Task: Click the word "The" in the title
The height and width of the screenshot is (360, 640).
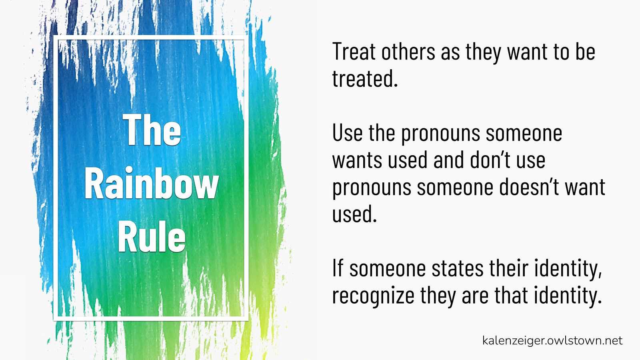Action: click(x=152, y=130)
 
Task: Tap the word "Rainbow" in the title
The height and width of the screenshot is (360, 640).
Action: click(x=152, y=183)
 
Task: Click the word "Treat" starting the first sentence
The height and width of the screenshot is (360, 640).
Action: click(x=354, y=52)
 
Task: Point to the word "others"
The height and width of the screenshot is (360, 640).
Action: click(x=408, y=52)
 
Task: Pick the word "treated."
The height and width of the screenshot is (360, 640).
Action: click(x=365, y=78)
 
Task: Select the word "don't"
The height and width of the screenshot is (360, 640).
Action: click(x=490, y=160)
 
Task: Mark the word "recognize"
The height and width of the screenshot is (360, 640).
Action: click(x=373, y=296)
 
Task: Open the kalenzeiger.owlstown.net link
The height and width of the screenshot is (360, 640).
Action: click(x=552, y=341)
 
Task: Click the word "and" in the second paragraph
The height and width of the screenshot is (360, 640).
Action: click(x=448, y=160)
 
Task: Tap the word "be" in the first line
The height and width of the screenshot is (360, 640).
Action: click(x=585, y=52)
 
